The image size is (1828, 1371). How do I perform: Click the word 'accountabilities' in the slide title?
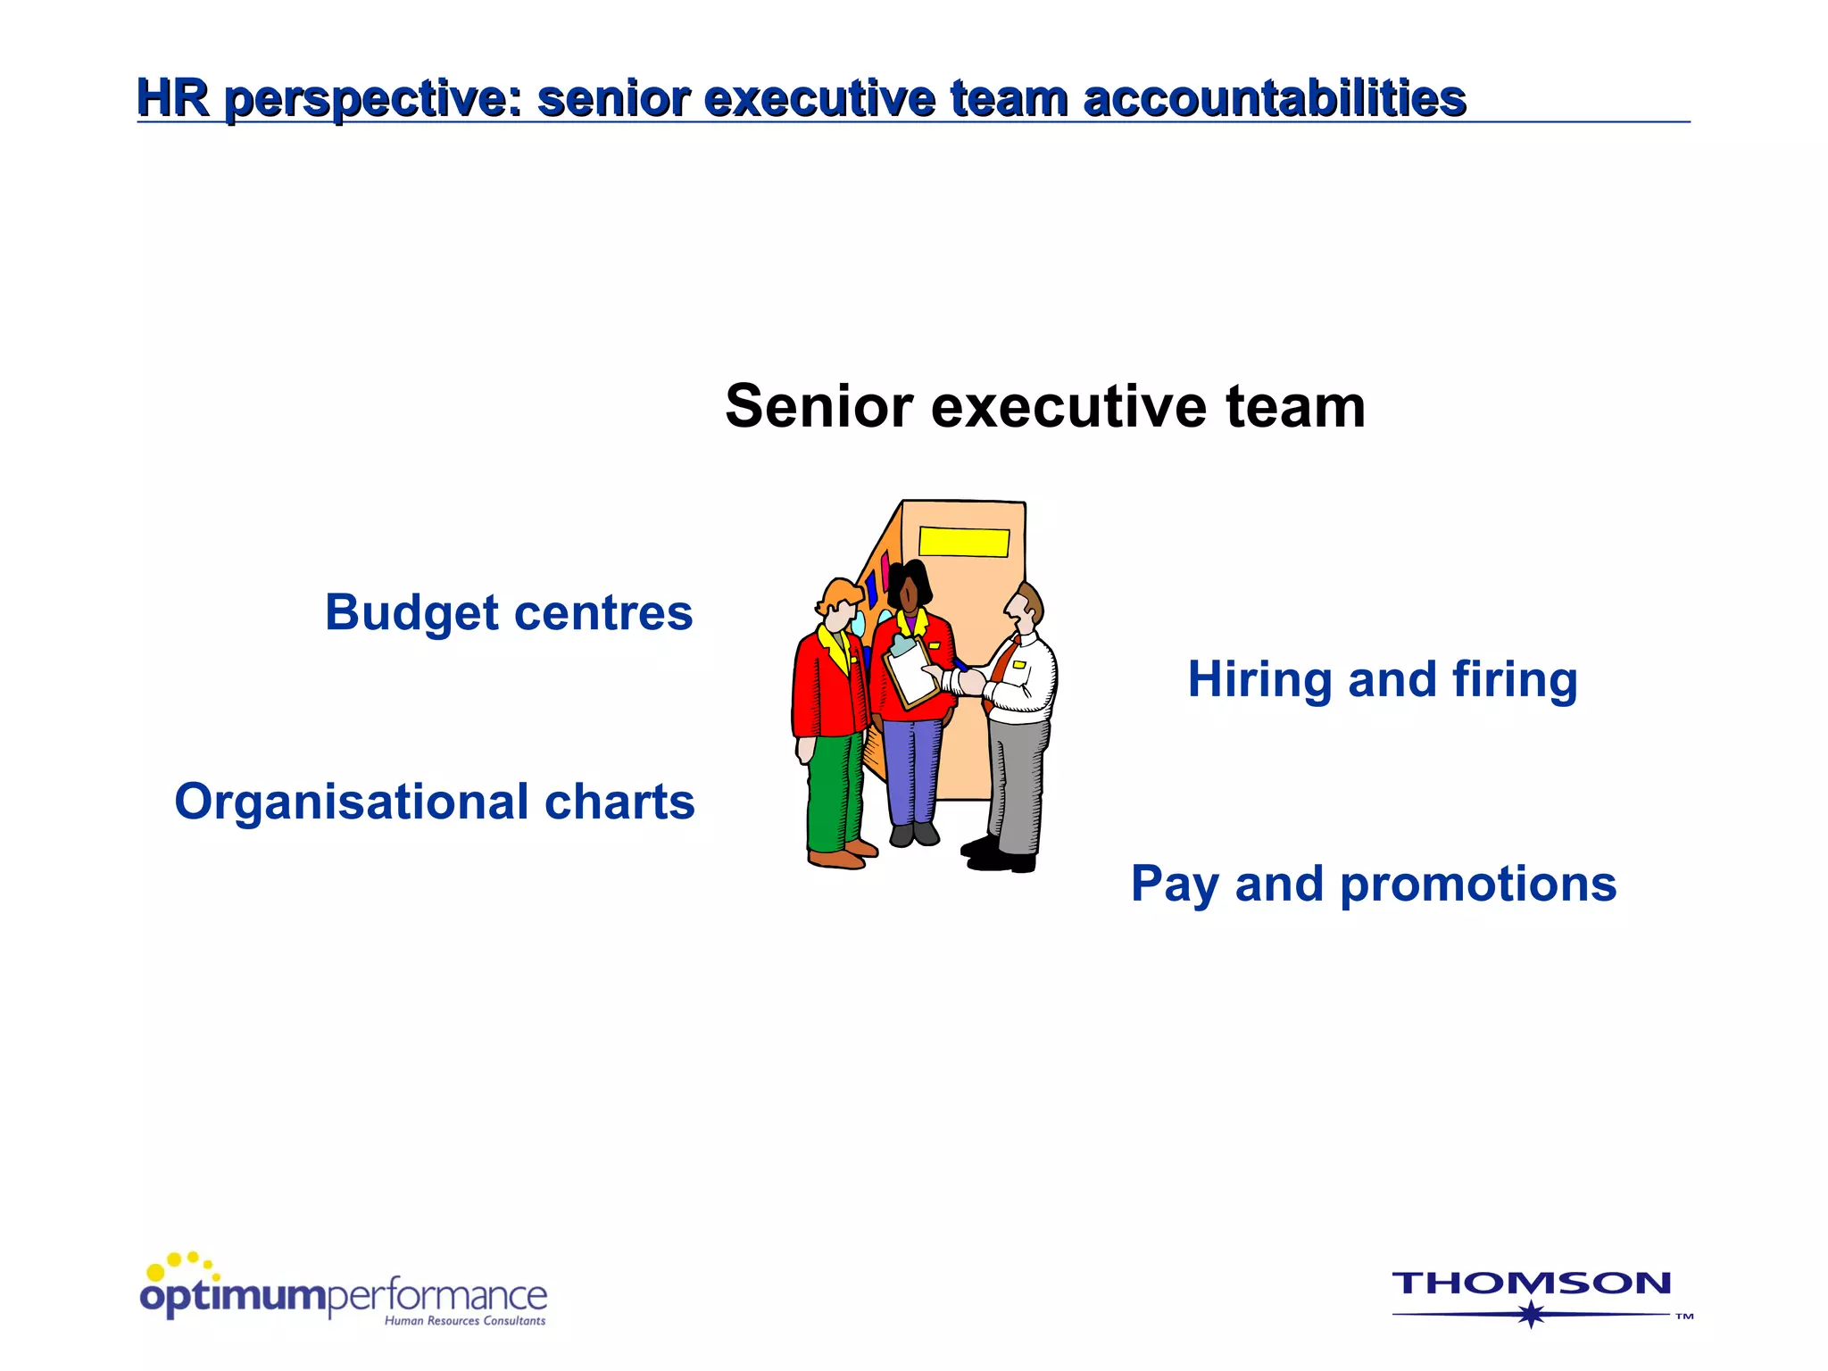click(x=1274, y=98)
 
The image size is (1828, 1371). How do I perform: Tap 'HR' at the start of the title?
click(x=173, y=97)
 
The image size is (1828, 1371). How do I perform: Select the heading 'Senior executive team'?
click(x=1044, y=407)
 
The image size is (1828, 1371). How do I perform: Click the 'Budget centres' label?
click(x=509, y=613)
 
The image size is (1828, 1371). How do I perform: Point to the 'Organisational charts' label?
click(x=435, y=802)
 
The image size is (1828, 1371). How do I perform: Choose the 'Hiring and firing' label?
click(x=1383, y=680)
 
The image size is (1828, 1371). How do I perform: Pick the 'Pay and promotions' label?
click(x=1374, y=885)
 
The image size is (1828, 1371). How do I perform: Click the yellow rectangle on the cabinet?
click(x=964, y=542)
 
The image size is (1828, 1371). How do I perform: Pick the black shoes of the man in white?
click(x=1000, y=856)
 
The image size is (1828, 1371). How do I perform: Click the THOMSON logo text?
click(x=1531, y=1284)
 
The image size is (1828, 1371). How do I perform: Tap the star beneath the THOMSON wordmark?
click(x=1532, y=1314)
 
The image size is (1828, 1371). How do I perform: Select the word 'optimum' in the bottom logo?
click(x=233, y=1296)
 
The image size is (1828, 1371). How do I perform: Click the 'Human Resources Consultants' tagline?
click(x=465, y=1321)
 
